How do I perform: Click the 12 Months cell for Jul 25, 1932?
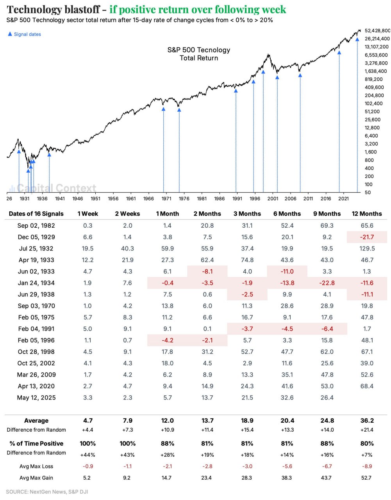pos(367,248)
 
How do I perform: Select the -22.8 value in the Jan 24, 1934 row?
pos(327,283)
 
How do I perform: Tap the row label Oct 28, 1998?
pos(36,352)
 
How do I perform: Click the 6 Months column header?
pos(287,214)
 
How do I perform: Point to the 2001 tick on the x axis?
pos(273,198)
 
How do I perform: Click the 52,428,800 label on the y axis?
pos(377,30)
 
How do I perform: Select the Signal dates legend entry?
pos(25,34)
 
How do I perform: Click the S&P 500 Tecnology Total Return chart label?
pos(199,54)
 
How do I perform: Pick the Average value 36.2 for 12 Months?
pos(367,421)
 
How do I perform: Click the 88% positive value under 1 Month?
pos(168,444)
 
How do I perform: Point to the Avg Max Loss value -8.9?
pos(367,466)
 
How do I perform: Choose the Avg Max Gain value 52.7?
pos(366,478)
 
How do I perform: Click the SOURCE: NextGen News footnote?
pos(47,492)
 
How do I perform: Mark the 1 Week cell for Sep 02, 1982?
pos(88,225)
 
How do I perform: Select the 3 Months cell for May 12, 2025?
pos(247,398)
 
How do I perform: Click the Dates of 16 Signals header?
pos(36,214)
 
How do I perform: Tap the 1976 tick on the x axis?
pos(184,198)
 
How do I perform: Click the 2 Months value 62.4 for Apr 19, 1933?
pos(207,260)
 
